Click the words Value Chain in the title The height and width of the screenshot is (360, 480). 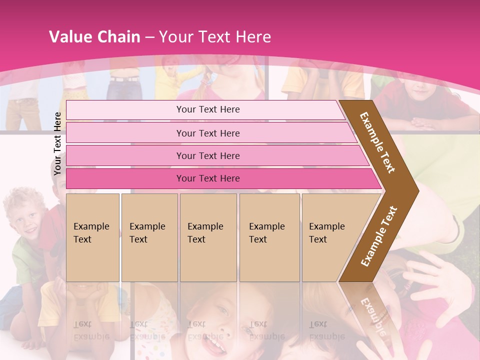click(x=94, y=37)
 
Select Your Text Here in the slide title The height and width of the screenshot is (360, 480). click(x=215, y=37)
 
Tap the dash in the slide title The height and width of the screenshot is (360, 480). click(x=149, y=37)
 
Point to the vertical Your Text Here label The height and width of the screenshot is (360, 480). click(x=57, y=143)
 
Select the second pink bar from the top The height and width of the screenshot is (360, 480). click(x=208, y=133)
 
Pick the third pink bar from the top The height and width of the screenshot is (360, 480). click(x=208, y=155)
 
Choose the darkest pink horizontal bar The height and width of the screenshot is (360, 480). click(x=208, y=178)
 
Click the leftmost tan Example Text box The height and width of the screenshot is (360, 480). click(x=92, y=237)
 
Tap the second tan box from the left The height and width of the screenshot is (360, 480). click(x=149, y=237)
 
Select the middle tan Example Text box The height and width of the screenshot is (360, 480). click(x=208, y=237)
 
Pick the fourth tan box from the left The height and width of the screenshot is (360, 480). click(x=269, y=237)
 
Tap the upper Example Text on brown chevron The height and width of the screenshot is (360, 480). click(x=378, y=142)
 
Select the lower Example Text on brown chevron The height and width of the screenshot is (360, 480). click(x=379, y=236)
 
